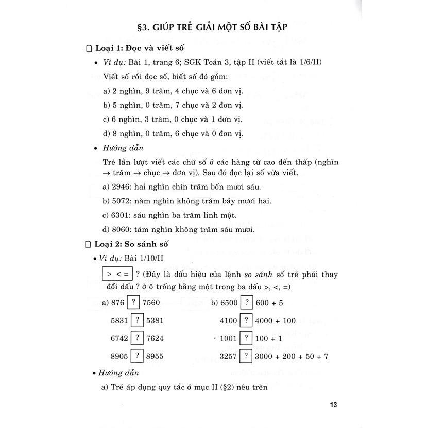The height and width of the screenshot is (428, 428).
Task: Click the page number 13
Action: [333, 404]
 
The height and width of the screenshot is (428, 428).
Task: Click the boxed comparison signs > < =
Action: [117, 274]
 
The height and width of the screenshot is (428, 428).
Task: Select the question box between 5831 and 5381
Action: [137, 320]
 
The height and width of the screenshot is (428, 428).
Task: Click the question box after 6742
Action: [137, 338]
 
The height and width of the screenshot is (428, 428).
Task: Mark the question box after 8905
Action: [137, 356]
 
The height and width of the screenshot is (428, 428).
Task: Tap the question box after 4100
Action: [247, 320]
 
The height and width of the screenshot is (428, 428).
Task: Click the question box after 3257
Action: [247, 356]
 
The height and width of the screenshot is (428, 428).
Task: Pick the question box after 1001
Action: [247, 338]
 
